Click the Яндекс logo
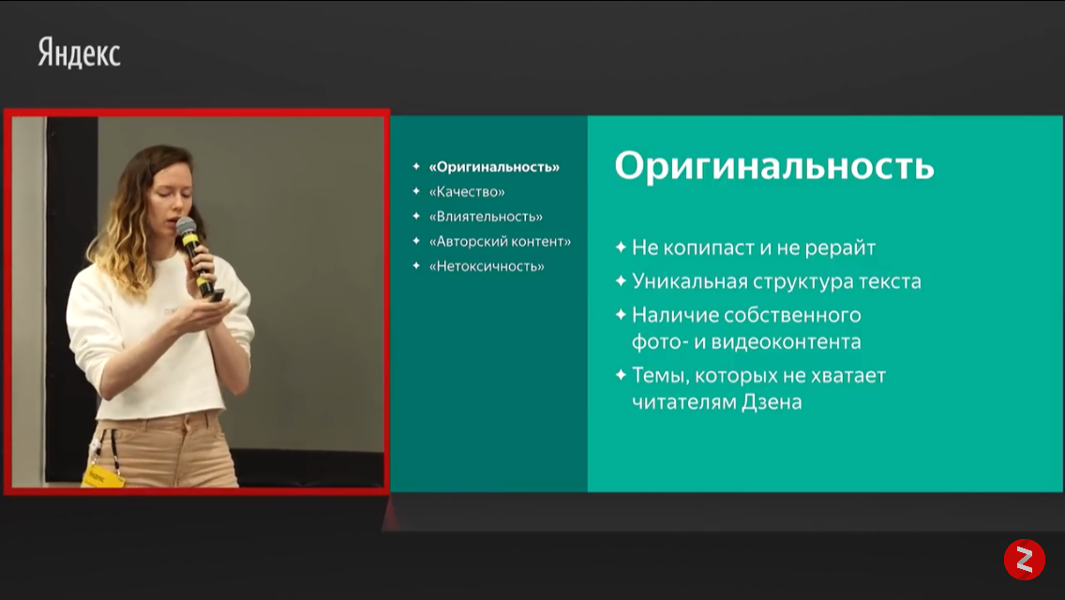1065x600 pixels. click(x=79, y=53)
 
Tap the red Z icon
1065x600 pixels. click(x=1025, y=560)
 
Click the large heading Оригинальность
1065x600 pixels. click(x=774, y=166)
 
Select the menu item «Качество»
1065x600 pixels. click(x=467, y=191)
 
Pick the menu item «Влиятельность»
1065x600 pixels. click(x=486, y=217)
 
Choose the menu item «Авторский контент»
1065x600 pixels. click(x=500, y=241)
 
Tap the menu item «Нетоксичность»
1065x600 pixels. click(x=487, y=266)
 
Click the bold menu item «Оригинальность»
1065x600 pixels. click(x=494, y=167)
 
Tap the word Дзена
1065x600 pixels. click(x=772, y=401)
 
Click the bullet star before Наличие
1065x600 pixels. click(x=621, y=315)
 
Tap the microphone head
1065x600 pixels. click(x=186, y=226)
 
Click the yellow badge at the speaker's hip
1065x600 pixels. click(x=102, y=476)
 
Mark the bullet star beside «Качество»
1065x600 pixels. click(x=416, y=191)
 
